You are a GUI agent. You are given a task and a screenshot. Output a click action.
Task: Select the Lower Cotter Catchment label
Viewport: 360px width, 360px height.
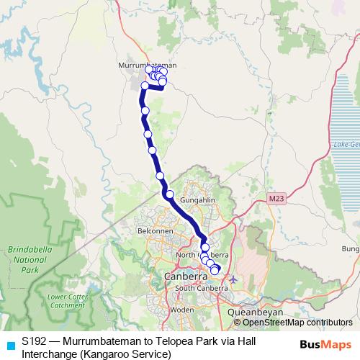(x=66, y=301)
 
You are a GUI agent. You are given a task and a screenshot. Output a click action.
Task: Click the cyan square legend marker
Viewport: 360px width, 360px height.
(x=9, y=345)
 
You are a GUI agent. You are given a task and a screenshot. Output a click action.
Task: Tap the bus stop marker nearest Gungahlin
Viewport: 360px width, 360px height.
(x=170, y=194)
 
